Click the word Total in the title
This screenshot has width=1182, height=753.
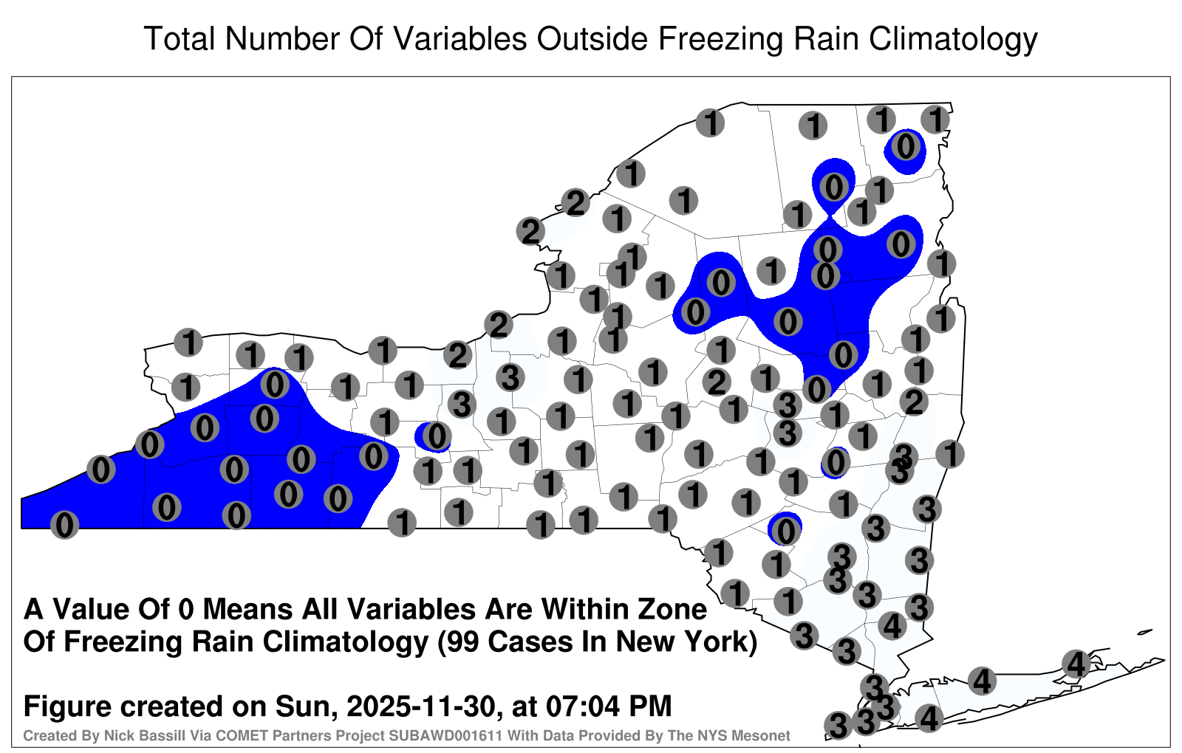click(180, 38)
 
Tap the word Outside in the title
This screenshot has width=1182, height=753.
click(592, 38)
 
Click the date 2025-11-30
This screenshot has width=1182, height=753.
click(421, 706)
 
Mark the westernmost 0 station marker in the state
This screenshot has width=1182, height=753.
click(64, 525)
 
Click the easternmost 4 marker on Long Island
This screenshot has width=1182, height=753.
click(1076, 664)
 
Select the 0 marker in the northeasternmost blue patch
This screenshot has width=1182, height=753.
click(906, 147)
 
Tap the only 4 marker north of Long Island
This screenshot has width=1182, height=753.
click(892, 626)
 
